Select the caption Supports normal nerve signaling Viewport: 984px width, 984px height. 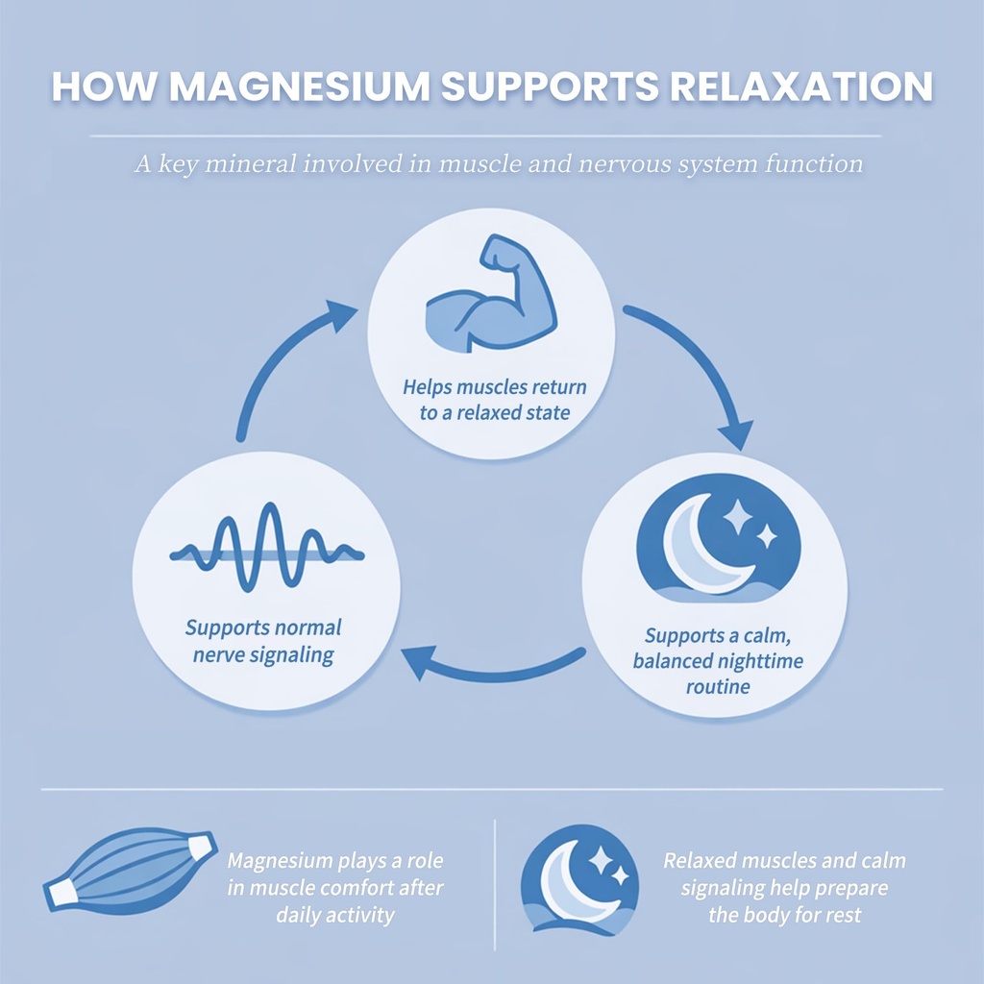point(263,642)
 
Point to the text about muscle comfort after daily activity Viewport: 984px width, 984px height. point(334,887)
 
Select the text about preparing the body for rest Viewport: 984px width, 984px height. point(785,887)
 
